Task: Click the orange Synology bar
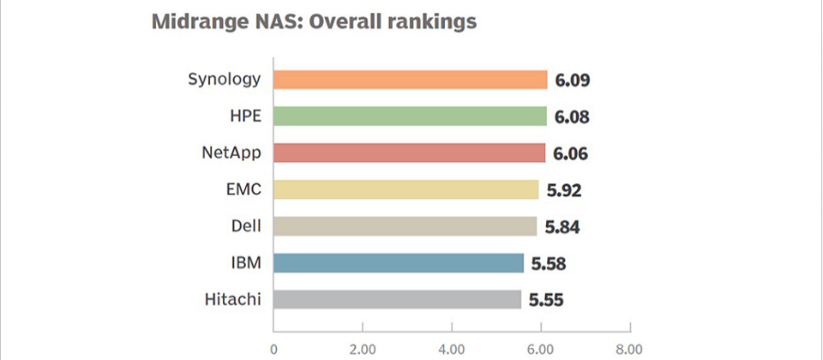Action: pyautogui.click(x=410, y=80)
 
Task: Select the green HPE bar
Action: pyautogui.click(x=410, y=117)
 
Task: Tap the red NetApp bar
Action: pyautogui.click(x=409, y=153)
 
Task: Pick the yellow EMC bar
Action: pyautogui.click(x=405, y=189)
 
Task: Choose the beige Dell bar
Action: pyautogui.click(x=405, y=226)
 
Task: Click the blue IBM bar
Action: pyautogui.click(x=398, y=263)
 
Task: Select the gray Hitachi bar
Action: pyautogui.click(x=397, y=299)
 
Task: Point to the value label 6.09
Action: pyautogui.click(x=573, y=81)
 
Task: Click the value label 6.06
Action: pyautogui.click(x=571, y=153)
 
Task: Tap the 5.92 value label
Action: pyautogui.click(x=562, y=190)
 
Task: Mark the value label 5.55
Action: pyautogui.click(x=546, y=300)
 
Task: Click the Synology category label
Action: pyautogui.click(x=224, y=80)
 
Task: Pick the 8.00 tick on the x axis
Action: pyautogui.click(x=629, y=348)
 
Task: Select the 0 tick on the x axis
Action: pyautogui.click(x=273, y=348)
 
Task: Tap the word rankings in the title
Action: pyautogui.click(x=432, y=23)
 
